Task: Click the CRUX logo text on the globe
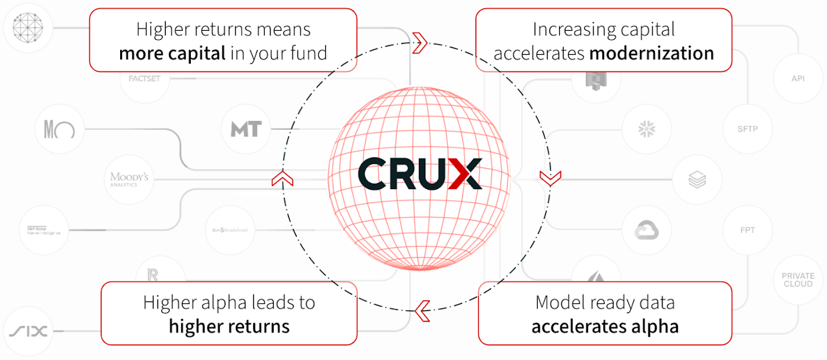coord(419,174)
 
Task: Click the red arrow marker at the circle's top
coord(420,43)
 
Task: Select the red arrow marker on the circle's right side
coord(551,178)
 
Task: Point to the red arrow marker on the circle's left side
coord(278,178)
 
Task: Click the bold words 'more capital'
coord(172,53)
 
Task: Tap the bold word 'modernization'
coord(652,53)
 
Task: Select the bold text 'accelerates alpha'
coord(605,326)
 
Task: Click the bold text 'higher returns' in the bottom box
coord(229,326)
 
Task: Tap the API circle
coord(797,78)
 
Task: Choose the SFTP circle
coord(747,129)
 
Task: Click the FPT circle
coord(747,230)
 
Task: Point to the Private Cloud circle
coord(797,280)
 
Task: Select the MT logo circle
coord(246,129)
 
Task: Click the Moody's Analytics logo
coord(129,179)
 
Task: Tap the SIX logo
coord(28,332)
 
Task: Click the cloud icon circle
coord(646,230)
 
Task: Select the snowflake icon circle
coord(646,129)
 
